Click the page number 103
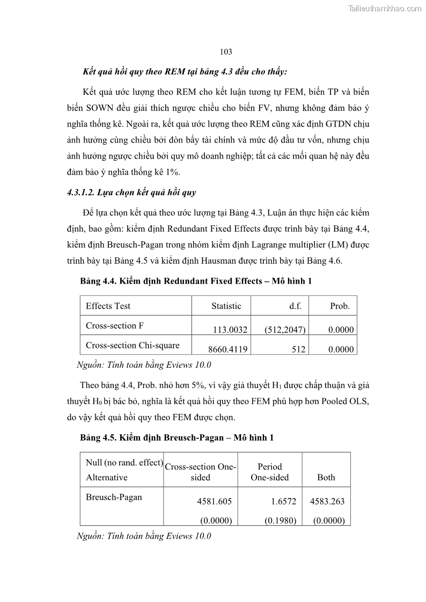pyautogui.click(x=226, y=52)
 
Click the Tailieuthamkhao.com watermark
pyautogui.click(x=385, y=8)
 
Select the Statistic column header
pyautogui.click(x=226, y=306)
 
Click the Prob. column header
pyautogui.click(x=340, y=306)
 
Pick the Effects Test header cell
pyautogui.click(x=108, y=306)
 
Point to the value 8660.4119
pyautogui.click(x=227, y=350)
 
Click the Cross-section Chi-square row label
pyautogui.click(x=133, y=345)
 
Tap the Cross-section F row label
pyautogui.click(x=115, y=325)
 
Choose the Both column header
pyautogui.click(x=326, y=477)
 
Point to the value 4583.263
pyautogui.click(x=327, y=501)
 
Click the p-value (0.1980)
pyautogui.click(x=281, y=520)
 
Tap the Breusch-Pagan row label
pyautogui.click(x=114, y=497)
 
